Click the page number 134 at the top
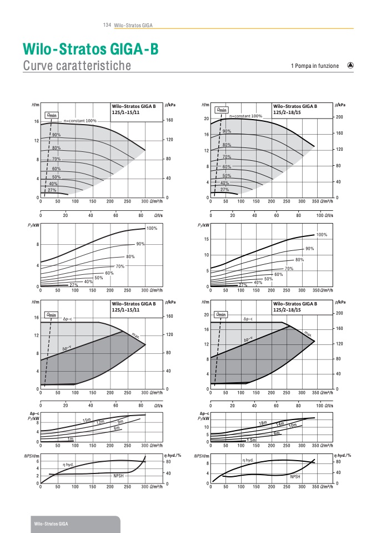pos(108,26)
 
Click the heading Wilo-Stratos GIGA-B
pos(91,50)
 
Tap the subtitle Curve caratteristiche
pos(77,66)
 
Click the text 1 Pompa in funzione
pos(314,66)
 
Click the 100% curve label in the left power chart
pos(152,228)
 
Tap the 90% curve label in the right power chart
pos(309,249)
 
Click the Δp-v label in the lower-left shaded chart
pos(68,348)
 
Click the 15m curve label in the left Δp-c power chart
pos(87,420)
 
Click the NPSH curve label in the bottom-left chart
pos(118,476)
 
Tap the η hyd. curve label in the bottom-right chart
pos(248,460)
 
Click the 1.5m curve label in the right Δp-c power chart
pos(251,440)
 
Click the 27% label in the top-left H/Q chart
pos(52,190)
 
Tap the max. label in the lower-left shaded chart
pos(135,335)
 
